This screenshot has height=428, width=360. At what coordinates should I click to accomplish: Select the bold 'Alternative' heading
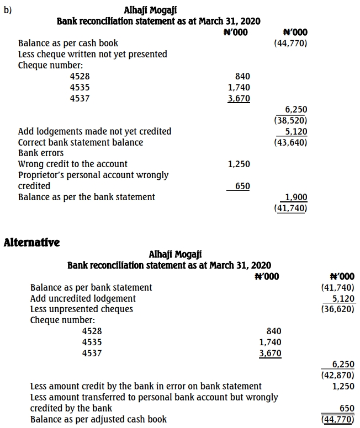click(31, 242)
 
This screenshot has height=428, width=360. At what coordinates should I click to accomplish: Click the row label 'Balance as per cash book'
click(68, 43)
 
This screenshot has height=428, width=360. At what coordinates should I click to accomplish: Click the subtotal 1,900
click(297, 197)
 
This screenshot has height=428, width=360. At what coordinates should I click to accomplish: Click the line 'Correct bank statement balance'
click(81, 142)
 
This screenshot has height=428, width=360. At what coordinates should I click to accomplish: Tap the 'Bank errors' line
click(41, 153)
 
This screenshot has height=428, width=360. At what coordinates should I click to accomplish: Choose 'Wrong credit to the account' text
click(73, 164)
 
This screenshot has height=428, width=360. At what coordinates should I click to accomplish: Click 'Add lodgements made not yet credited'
click(94, 131)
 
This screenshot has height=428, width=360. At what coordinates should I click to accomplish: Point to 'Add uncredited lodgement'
click(83, 298)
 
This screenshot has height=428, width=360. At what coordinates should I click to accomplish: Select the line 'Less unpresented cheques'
click(81, 309)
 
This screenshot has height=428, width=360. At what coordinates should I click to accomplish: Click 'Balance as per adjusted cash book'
click(98, 419)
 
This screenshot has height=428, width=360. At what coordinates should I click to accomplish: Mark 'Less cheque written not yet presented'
click(93, 54)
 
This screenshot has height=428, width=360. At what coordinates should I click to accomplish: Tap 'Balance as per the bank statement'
click(87, 197)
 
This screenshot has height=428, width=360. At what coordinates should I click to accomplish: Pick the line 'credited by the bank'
click(71, 408)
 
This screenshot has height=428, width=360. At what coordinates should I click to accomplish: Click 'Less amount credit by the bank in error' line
click(146, 386)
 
